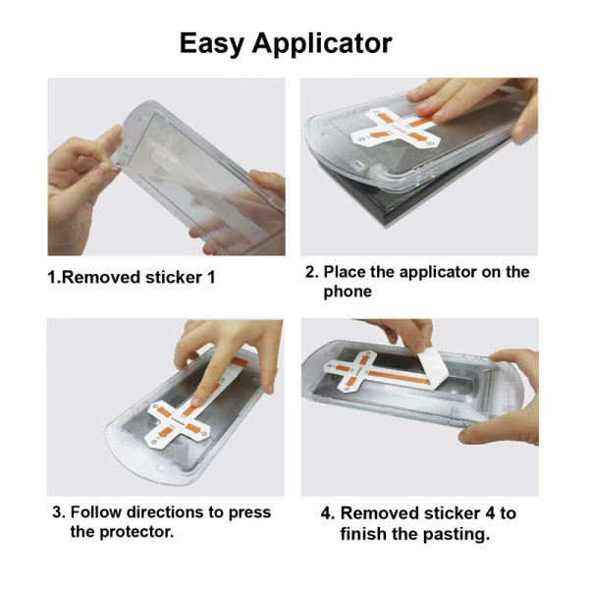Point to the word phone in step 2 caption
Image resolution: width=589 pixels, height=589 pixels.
[x=348, y=292]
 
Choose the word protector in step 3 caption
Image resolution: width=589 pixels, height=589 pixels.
[x=136, y=532]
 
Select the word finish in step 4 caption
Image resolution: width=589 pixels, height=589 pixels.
[x=365, y=534]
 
